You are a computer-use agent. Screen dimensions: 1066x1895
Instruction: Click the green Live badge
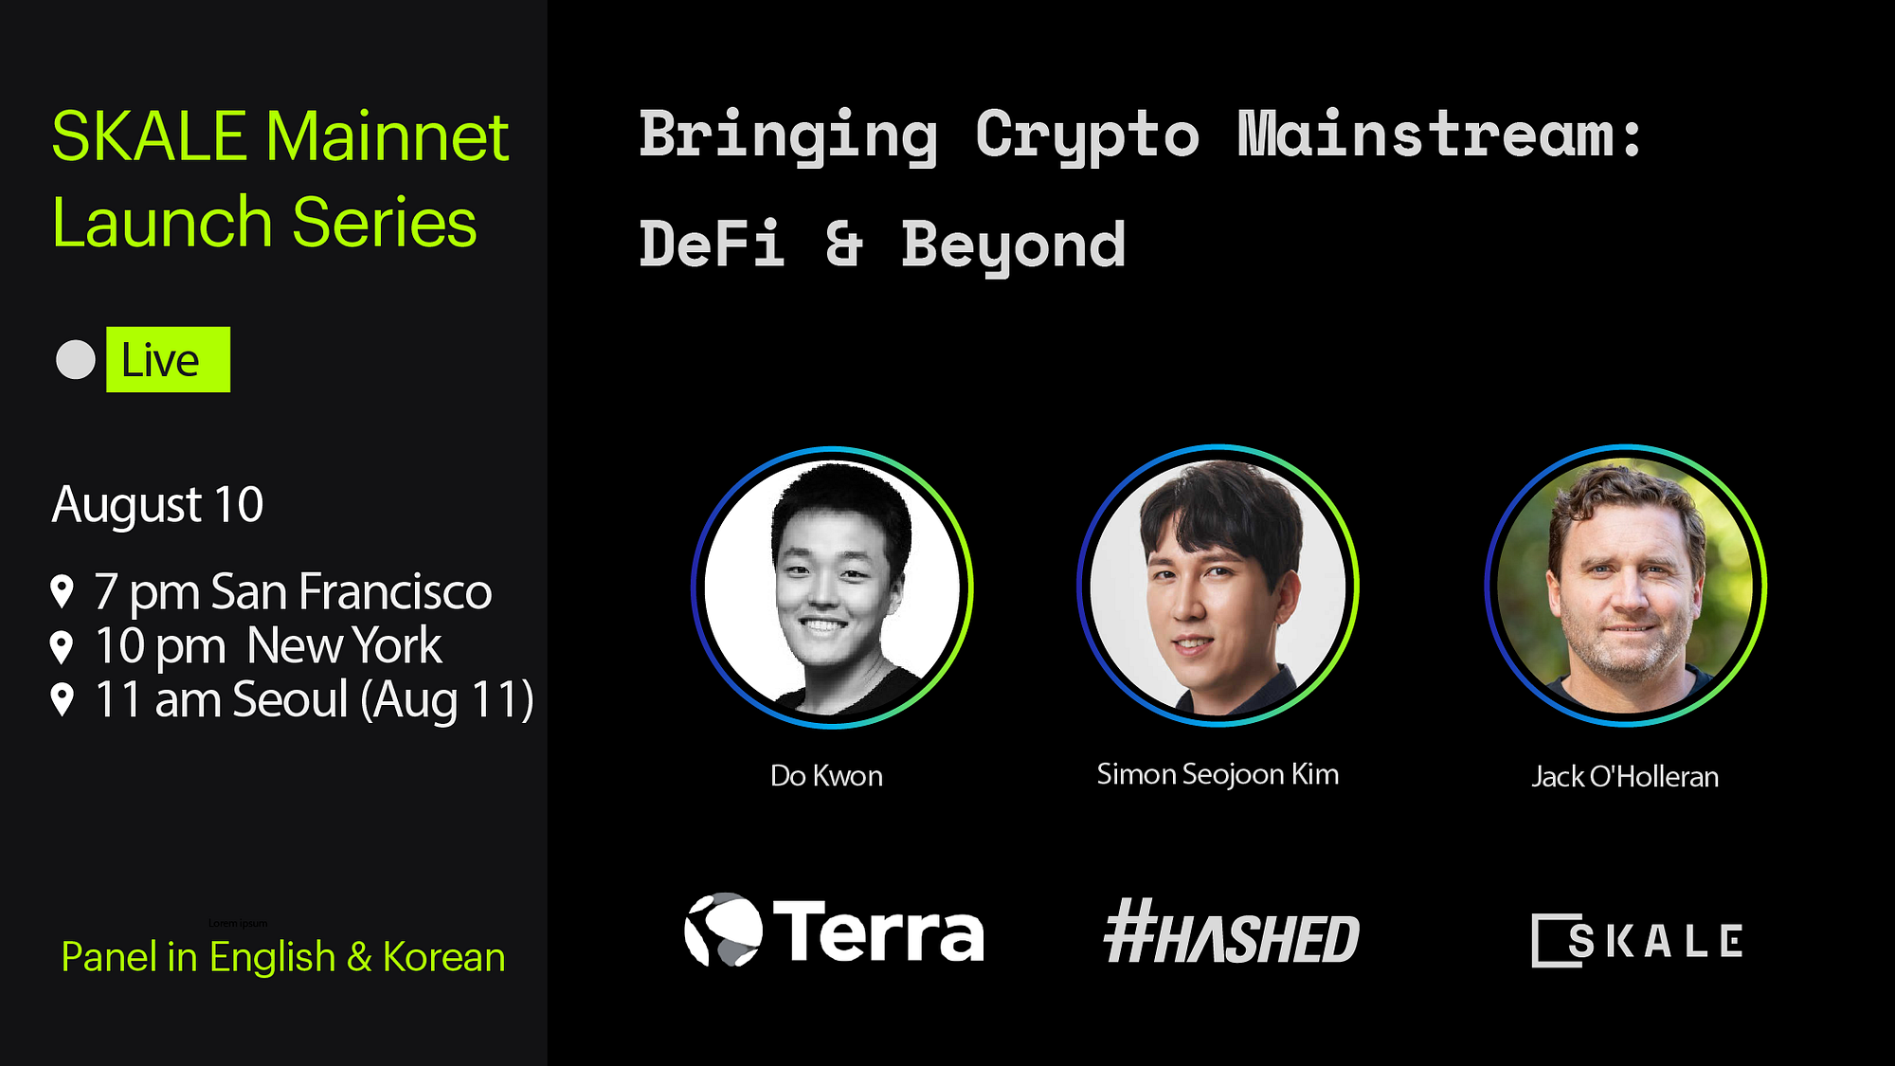(168, 360)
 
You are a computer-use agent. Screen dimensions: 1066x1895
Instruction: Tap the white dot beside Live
(76, 360)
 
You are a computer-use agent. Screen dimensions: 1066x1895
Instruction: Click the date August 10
(157, 504)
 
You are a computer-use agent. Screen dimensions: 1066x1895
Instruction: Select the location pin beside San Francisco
(62, 592)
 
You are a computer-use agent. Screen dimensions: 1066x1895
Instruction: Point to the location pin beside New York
(62, 647)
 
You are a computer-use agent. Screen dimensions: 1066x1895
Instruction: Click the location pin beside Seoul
(62, 700)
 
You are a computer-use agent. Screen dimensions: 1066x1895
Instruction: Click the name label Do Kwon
(826, 776)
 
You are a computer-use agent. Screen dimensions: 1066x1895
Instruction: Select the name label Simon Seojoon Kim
(1218, 774)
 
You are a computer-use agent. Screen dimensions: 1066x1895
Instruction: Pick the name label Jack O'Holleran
(1625, 777)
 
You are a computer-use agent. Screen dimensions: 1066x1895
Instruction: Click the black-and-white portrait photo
(832, 587)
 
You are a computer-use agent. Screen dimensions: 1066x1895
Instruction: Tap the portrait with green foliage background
(1625, 586)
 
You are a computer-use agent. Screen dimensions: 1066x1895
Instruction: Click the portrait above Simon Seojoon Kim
(1218, 586)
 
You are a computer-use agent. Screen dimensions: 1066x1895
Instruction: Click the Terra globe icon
(723, 930)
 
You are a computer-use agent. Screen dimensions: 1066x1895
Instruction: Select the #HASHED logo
(1232, 933)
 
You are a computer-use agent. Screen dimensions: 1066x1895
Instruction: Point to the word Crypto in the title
(1087, 136)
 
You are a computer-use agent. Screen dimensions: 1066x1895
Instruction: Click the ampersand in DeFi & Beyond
(843, 244)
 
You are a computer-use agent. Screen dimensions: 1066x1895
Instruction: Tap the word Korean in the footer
(443, 957)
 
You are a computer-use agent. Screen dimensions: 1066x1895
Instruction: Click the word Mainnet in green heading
(387, 137)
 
